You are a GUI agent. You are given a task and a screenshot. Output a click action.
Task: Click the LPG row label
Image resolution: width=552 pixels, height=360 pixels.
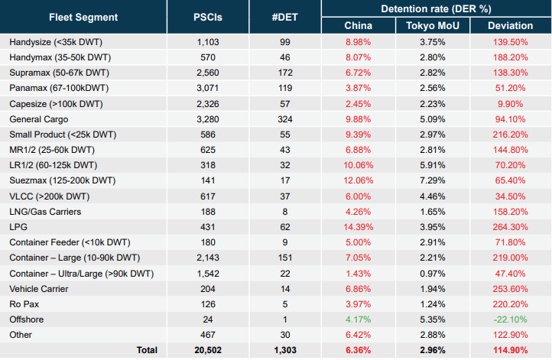point(18,227)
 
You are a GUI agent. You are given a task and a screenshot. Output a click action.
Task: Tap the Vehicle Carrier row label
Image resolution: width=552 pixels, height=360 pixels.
point(38,289)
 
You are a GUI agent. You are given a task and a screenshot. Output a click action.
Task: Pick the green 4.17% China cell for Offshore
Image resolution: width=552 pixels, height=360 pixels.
point(357,319)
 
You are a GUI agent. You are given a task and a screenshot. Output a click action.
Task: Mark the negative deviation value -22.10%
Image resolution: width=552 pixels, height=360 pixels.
point(511,319)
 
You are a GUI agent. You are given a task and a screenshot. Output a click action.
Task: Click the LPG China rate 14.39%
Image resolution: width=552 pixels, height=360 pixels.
point(357,227)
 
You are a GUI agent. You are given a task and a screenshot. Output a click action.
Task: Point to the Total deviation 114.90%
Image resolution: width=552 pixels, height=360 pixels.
point(511,350)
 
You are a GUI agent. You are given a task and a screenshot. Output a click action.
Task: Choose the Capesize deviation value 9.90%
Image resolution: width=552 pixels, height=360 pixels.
point(511,103)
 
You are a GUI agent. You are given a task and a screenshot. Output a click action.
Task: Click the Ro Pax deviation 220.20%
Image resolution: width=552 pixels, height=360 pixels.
point(511,304)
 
